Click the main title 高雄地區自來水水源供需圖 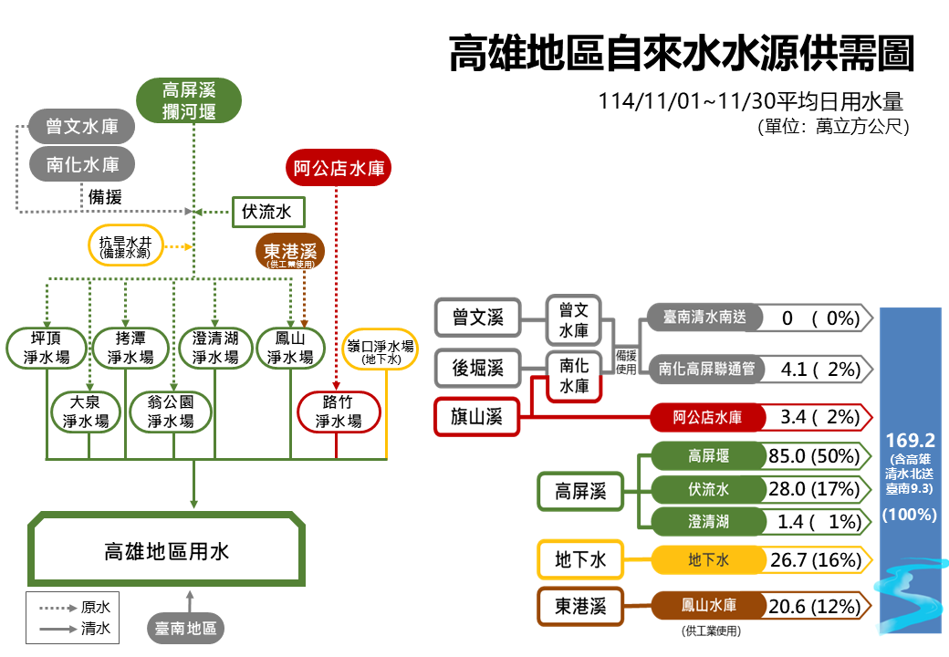coord(681,53)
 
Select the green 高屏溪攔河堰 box coord(189,100)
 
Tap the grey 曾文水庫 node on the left coord(81,126)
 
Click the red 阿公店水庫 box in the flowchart coord(338,168)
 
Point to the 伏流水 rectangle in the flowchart coord(267,213)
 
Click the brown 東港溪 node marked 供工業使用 coord(291,253)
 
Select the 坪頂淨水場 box coord(47,348)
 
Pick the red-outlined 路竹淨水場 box coord(338,412)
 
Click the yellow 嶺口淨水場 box coord(381,352)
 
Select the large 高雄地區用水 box coord(166,551)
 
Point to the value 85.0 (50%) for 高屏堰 coord(815,455)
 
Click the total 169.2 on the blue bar coord(910,441)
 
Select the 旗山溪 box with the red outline coord(477,417)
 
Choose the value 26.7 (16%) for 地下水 coord(815,559)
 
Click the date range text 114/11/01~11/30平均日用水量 coord(751,100)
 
